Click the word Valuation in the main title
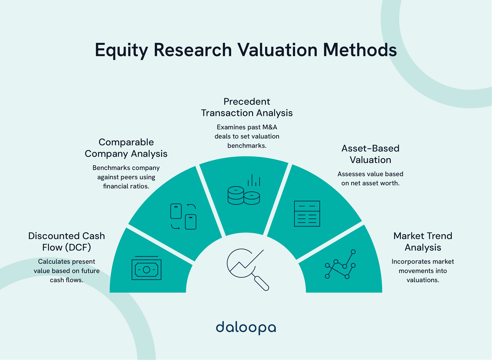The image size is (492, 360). tap(277, 50)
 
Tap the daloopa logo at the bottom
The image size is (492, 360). tap(246, 327)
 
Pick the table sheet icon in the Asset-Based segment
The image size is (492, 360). tap(307, 214)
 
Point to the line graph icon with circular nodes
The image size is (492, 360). tap(340, 265)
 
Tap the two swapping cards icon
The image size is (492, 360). tap(183, 216)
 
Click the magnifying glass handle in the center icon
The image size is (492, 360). tap(262, 283)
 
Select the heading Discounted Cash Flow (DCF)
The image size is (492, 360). tap(66, 241)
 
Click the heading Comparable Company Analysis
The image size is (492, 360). tap(126, 148)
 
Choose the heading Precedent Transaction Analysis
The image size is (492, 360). tap(247, 107)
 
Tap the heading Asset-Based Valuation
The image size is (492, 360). tap(370, 154)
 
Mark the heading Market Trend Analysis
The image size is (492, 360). tap(423, 241)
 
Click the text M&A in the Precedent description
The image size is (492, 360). tap(270, 127)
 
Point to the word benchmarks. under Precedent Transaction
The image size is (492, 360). tap(247, 146)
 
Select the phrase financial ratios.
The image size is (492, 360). tap(126, 186)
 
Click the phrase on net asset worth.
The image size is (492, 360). tap(370, 183)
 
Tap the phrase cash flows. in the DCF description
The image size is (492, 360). tap(66, 280)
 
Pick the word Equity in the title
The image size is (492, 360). tap(122, 51)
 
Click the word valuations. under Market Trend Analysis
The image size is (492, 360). tap(423, 280)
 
